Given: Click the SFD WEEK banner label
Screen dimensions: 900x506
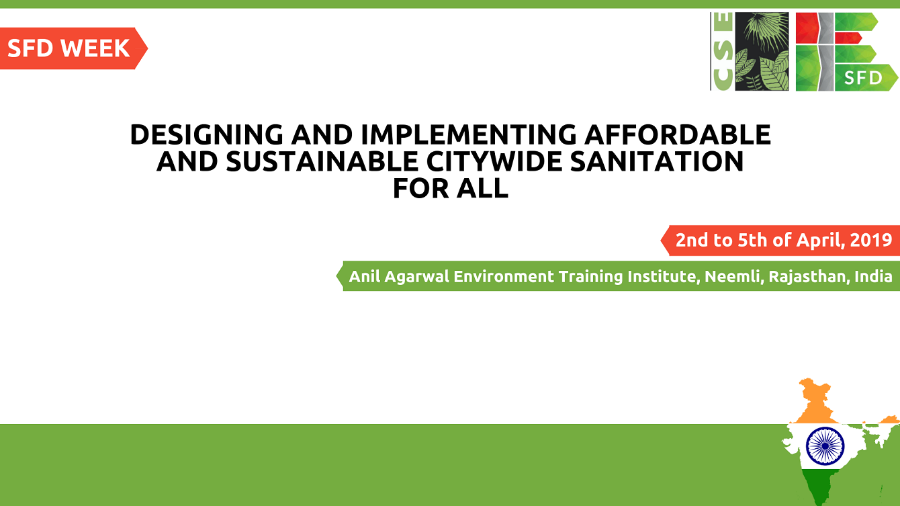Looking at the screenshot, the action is point(69,48).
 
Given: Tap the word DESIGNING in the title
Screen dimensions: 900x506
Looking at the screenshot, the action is point(206,134).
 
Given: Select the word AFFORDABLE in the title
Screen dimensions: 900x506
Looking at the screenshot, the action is point(678,134).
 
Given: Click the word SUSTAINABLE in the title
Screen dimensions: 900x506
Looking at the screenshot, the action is point(322,161).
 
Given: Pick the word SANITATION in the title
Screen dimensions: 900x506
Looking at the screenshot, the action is point(657,161).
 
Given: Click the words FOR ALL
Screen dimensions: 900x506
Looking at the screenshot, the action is point(451,188).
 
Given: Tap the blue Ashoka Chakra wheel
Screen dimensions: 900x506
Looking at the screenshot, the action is point(825,446).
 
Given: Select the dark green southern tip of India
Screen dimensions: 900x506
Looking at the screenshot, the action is point(821,487).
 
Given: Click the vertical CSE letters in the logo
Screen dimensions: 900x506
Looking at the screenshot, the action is point(723,52).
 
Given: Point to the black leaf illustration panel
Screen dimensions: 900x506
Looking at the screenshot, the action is point(762,52).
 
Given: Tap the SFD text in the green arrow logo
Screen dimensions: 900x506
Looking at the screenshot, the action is point(862,78).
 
